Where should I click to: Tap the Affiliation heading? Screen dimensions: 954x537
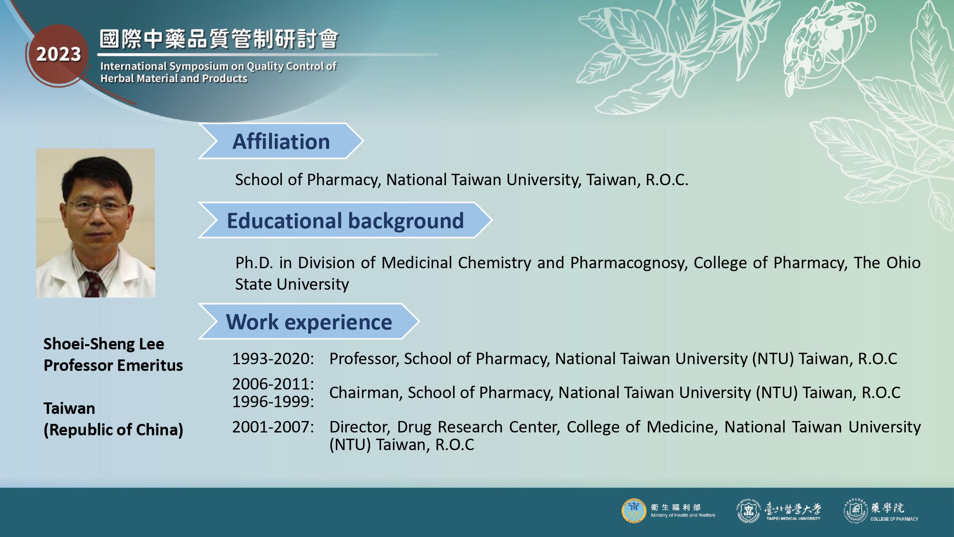[x=281, y=142]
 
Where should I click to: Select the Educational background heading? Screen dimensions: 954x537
[x=345, y=221]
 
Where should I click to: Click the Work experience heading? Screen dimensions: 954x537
[x=309, y=322]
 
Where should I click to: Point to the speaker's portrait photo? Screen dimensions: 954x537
[x=96, y=223]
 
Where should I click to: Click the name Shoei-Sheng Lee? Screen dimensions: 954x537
[x=104, y=344]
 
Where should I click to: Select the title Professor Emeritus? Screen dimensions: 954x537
[x=114, y=365]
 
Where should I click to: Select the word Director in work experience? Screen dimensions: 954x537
[x=360, y=427]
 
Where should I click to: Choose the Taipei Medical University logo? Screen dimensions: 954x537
[x=778, y=511]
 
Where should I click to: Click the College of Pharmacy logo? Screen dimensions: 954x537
[x=881, y=511]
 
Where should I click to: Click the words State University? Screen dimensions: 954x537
[x=292, y=284]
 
